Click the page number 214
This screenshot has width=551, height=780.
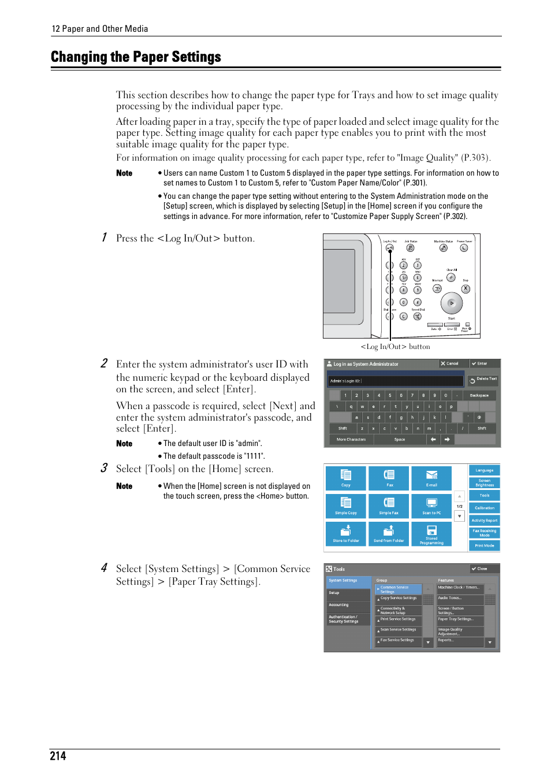point(58,756)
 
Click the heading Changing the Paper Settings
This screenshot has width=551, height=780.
point(136,57)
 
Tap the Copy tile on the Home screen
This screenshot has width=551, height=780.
point(345,478)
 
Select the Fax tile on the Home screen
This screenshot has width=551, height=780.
point(389,478)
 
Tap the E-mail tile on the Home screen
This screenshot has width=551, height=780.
point(431,478)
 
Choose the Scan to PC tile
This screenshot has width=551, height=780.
point(431,506)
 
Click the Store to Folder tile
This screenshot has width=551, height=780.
point(345,533)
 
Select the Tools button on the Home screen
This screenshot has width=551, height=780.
point(484,495)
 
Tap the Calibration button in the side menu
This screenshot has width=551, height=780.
point(484,508)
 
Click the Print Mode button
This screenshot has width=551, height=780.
point(484,545)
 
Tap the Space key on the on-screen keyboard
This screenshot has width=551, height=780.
point(400,440)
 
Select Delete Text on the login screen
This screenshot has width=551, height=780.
point(483,380)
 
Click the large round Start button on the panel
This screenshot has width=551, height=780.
point(452,303)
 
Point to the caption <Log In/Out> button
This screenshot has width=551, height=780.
point(395,347)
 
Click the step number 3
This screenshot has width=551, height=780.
point(104,468)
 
